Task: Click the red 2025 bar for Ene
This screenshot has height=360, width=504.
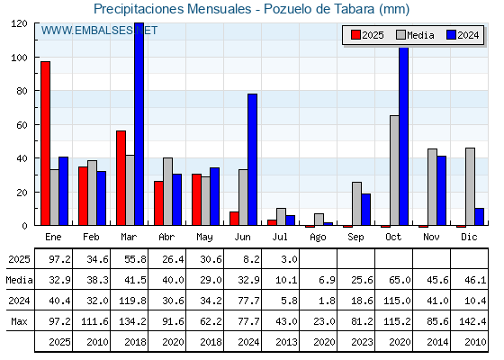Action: (x=45, y=143)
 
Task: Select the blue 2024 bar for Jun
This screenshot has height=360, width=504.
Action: (x=252, y=159)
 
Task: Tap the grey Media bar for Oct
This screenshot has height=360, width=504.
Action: (x=394, y=170)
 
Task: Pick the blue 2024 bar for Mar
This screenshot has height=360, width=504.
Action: (x=139, y=124)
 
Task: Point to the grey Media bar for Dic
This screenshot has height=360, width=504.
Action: (x=470, y=186)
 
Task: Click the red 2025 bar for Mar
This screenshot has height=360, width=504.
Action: (x=121, y=178)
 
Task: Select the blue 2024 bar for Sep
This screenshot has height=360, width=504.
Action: (x=365, y=209)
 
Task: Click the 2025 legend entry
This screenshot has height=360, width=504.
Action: (x=368, y=35)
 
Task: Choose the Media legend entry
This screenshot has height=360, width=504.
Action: (x=415, y=35)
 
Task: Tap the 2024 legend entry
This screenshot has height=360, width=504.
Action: (x=463, y=35)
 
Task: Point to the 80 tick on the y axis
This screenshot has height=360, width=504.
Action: (x=22, y=91)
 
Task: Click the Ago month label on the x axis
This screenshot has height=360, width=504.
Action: (x=318, y=238)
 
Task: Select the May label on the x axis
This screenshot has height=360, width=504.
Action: (x=204, y=238)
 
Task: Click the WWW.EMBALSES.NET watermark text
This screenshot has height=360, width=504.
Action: (x=99, y=31)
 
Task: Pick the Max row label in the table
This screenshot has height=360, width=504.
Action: (x=19, y=321)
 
